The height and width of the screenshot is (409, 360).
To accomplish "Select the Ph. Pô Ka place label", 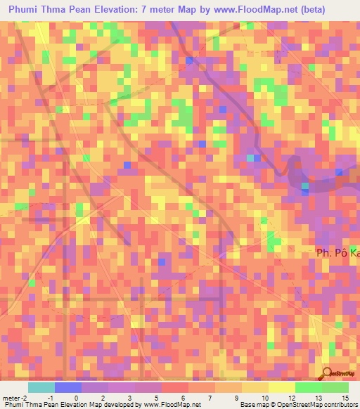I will [336, 254].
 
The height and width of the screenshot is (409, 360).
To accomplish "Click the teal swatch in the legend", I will [41, 387].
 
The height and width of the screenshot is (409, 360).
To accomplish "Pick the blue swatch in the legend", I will [68, 387].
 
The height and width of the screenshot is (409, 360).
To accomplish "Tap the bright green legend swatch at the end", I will [335, 387].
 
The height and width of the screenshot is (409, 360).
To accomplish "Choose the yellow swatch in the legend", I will [255, 387].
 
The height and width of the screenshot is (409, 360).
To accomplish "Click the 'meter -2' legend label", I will [15, 398].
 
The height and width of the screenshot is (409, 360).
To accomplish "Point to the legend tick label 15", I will [346, 398].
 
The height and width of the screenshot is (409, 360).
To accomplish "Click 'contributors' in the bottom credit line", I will [339, 405].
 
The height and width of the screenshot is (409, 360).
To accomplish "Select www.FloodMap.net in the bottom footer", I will [169, 405].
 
